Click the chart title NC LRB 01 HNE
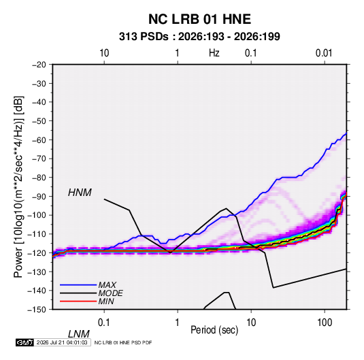199,19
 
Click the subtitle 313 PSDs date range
199,37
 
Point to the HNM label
80,193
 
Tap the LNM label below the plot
79,334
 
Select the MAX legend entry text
107,284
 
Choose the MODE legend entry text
110,293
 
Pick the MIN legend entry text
106,301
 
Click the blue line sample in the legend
78,284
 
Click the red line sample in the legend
78,301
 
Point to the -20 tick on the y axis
39,65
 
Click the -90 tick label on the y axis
39,196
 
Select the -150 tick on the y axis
37,310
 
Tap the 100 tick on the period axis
325,323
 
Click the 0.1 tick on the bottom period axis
104,323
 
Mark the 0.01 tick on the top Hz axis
324,53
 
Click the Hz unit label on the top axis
214,53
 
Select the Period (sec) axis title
214,330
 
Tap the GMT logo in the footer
25,342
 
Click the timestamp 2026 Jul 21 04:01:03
62,342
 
